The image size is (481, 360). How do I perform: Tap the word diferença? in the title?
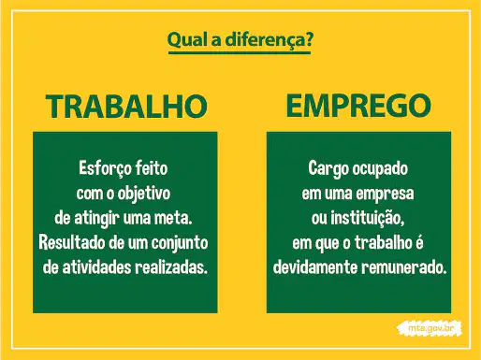[x=269, y=40]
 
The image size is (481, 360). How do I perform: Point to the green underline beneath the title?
[x=240, y=52]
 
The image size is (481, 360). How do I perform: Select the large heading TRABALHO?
[x=126, y=106]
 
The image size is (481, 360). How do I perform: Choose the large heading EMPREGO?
[x=358, y=106]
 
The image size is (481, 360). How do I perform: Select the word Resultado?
[x=72, y=243]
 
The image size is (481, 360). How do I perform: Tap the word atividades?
[x=96, y=267]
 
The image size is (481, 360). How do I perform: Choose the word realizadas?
[x=171, y=267]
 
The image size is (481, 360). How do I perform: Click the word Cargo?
[x=328, y=169]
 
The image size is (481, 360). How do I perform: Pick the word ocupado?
[x=380, y=169]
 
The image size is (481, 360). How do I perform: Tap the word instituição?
[x=368, y=219]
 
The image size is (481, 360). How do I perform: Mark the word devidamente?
[x=315, y=267]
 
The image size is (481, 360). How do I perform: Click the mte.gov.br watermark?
[x=430, y=328]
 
